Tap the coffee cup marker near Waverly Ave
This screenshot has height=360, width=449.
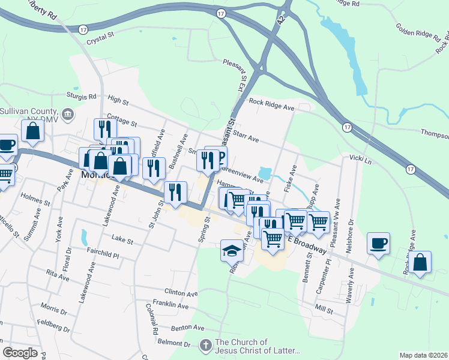point(378,243)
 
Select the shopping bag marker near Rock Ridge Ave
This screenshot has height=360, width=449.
point(421,262)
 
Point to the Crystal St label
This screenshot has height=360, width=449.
point(100,39)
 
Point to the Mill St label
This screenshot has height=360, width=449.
point(324,310)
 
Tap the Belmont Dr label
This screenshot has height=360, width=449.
point(173,343)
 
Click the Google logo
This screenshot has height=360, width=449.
point(20,353)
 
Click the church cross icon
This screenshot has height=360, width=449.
point(205,345)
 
